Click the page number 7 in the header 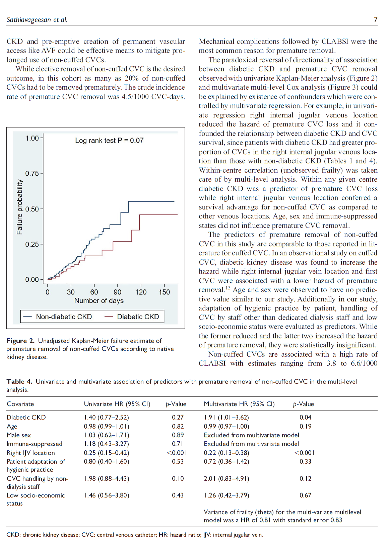pyautogui.click(x=376, y=19)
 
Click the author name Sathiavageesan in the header pyautogui.click(x=29, y=20)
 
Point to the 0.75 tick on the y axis pyautogui.click(x=32, y=173)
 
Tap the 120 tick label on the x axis pyautogui.click(x=141, y=292)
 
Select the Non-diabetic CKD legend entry pyautogui.click(x=64, y=317)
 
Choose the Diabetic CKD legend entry pyautogui.click(x=138, y=317)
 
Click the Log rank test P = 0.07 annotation pyautogui.click(x=109, y=141)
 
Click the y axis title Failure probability pyautogui.click(x=20, y=207)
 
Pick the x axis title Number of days pyautogui.click(x=99, y=300)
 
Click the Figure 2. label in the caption pyautogui.click(x=20, y=341)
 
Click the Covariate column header pyautogui.click(x=20, y=404)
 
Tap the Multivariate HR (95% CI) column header pyautogui.click(x=239, y=404)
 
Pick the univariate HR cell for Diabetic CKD pyautogui.click(x=106, y=417)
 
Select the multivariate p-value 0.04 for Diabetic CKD pyautogui.click(x=305, y=417)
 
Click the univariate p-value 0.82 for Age pyautogui.click(x=178, y=426)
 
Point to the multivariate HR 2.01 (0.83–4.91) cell pyautogui.click(x=227, y=478)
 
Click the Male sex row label pyautogui.click(x=19, y=435)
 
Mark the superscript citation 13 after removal pyautogui.click(x=228, y=287)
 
